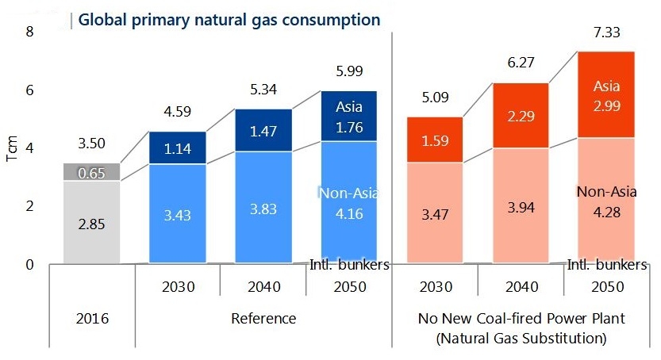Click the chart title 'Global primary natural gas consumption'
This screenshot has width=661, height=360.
click(x=229, y=20)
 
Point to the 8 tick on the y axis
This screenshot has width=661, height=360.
click(x=29, y=32)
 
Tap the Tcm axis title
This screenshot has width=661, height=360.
click(x=12, y=148)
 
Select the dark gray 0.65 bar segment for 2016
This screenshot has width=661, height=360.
click(x=92, y=172)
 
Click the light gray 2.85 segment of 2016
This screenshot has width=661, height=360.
click(x=92, y=222)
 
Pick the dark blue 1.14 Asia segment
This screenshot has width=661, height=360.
click(x=178, y=147)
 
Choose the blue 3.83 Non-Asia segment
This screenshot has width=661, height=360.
click(x=263, y=207)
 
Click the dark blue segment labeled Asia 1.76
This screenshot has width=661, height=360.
click(x=349, y=117)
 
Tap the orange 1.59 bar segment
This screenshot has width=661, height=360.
click(x=435, y=140)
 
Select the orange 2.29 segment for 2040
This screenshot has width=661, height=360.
click(x=521, y=115)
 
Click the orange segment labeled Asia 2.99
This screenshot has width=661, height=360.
click(x=606, y=94)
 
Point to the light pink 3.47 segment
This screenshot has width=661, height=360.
click(x=435, y=213)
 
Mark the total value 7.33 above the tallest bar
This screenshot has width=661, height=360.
click(x=606, y=33)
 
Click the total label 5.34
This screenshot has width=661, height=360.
click(x=263, y=90)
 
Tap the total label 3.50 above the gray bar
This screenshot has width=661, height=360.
click(x=92, y=144)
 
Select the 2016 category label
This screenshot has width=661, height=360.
click(x=92, y=318)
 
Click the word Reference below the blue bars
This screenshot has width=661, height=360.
click(x=263, y=318)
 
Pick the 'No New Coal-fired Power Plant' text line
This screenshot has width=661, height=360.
click(x=521, y=318)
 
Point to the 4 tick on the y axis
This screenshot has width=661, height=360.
click(x=29, y=148)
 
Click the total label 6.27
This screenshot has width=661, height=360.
click(x=521, y=63)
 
